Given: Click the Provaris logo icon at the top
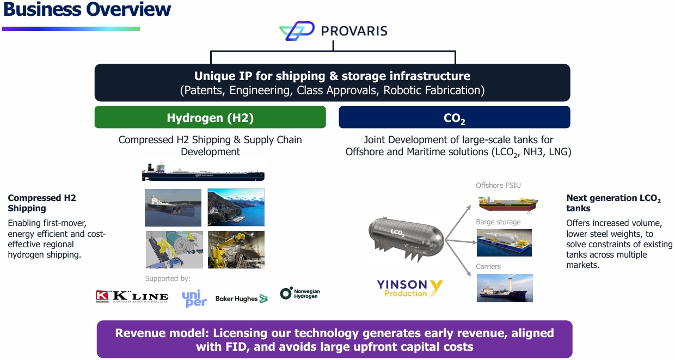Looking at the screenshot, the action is click(x=297, y=30).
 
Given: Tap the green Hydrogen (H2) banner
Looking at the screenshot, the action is click(x=210, y=117).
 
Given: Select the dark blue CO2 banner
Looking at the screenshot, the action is click(x=455, y=117).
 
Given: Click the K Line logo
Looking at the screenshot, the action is click(x=132, y=296).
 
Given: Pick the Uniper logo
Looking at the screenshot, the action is click(x=194, y=298).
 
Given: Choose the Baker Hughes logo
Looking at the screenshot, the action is click(x=241, y=298).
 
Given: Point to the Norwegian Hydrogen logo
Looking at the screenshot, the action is click(x=300, y=293).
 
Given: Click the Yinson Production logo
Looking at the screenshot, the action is click(x=409, y=288).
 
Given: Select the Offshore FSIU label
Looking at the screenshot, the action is click(x=498, y=185).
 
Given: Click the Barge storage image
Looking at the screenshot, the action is click(x=504, y=242).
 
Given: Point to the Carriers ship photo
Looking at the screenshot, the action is click(x=505, y=288).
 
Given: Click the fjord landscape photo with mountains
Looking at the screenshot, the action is click(x=236, y=207).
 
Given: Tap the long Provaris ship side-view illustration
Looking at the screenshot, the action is click(x=203, y=172).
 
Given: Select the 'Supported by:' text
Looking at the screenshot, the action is click(x=168, y=278).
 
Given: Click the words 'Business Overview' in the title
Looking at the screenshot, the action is click(x=87, y=9).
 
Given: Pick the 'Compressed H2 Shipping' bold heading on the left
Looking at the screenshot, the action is click(x=42, y=203).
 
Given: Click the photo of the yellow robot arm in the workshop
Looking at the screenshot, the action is click(x=236, y=249).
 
